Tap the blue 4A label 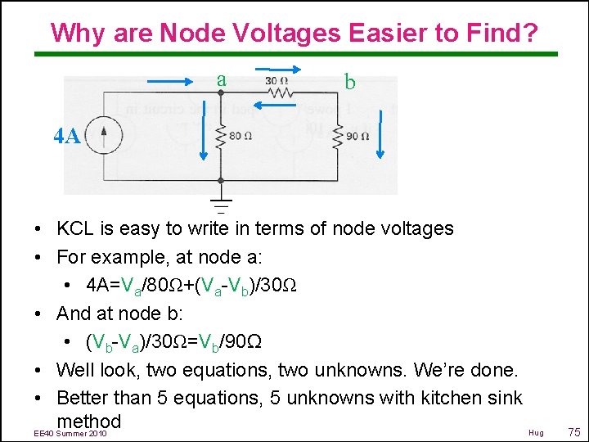[x=67, y=137]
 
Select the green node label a [x=221, y=79]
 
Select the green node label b [x=350, y=82]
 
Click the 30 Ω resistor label [x=276, y=81]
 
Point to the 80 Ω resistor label [x=240, y=136]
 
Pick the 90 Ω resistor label [x=357, y=137]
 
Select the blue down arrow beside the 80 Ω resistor [x=205, y=137]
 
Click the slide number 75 [x=573, y=432]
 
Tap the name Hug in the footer [x=536, y=432]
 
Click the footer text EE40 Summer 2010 [x=70, y=432]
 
